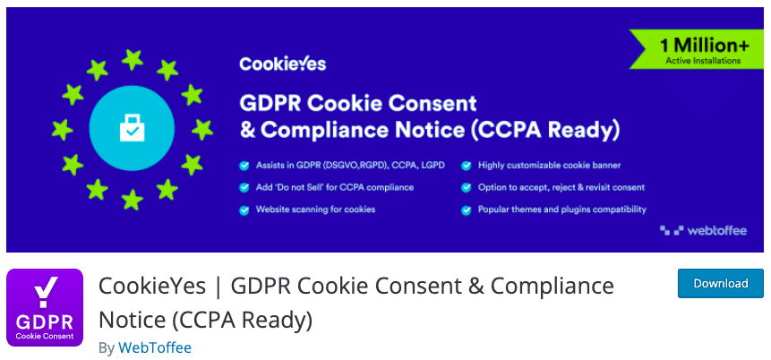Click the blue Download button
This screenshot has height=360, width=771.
pyautogui.click(x=720, y=283)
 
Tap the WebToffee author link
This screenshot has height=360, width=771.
pyautogui.click(x=155, y=348)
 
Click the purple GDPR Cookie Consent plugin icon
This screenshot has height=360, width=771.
pyautogui.click(x=45, y=307)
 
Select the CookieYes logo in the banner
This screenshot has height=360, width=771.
pyautogui.click(x=283, y=64)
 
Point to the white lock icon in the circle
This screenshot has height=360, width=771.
pyautogui.click(x=132, y=128)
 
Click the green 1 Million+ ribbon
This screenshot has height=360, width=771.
pyautogui.click(x=697, y=48)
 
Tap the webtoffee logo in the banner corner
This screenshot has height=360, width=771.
pyautogui.click(x=703, y=230)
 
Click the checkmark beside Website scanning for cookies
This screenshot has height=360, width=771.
pyautogui.click(x=244, y=210)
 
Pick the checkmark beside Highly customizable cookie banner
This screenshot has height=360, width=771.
pyautogui.click(x=467, y=166)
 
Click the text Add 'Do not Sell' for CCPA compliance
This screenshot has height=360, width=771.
pyautogui.click(x=335, y=187)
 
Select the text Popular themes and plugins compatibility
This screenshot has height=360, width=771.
pyautogui.click(x=562, y=210)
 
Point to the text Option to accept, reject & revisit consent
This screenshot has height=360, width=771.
pyautogui.click(x=561, y=187)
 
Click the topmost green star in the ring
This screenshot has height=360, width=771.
pyautogui.click(x=133, y=59)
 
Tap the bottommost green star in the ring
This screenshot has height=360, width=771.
pyautogui.click(x=133, y=200)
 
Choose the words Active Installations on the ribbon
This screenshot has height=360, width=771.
pyautogui.click(x=703, y=61)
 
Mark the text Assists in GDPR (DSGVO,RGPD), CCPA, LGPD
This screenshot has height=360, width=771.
pyautogui.click(x=350, y=166)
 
